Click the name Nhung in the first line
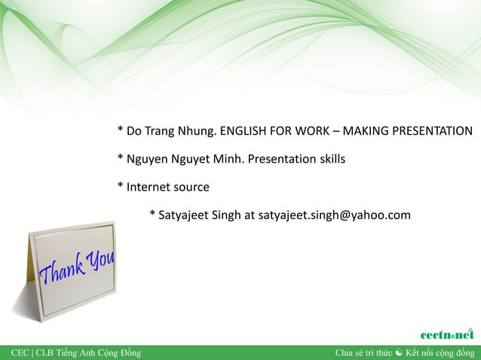pyautogui.click(x=198, y=131)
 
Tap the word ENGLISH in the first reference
pyautogui.click(x=243, y=131)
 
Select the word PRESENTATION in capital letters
pyautogui.click(x=431, y=131)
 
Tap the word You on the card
pyautogui.click(x=100, y=261)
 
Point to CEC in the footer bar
pyautogui.click(x=20, y=352)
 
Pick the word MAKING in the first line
pyautogui.click(x=366, y=131)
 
